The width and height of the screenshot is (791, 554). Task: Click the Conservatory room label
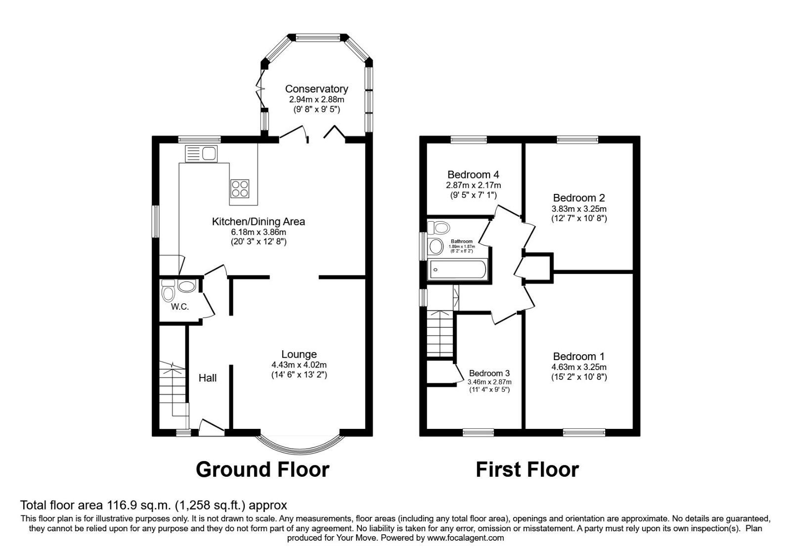pos(316,89)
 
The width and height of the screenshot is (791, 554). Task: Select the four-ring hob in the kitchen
pos(240,188)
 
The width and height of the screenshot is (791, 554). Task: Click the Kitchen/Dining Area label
pos(259,222)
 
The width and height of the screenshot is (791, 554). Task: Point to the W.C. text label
pos(180,307)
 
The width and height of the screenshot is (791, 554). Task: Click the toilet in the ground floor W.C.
pos(168,292)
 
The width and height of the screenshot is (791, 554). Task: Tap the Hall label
pos(208,378)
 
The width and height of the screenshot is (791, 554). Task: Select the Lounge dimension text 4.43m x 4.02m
pos(299,365)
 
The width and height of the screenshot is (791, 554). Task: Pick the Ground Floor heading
pos(263,469)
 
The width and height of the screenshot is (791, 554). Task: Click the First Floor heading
pos(527,469)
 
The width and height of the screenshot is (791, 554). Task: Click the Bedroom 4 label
pos(473,175)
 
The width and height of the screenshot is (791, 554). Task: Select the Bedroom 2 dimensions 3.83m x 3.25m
pos(579,209)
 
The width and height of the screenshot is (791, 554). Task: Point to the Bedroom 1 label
pos(579,356)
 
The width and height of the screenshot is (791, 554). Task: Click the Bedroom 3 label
pos(489,373)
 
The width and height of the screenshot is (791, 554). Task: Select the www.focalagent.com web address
pos(465,538)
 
